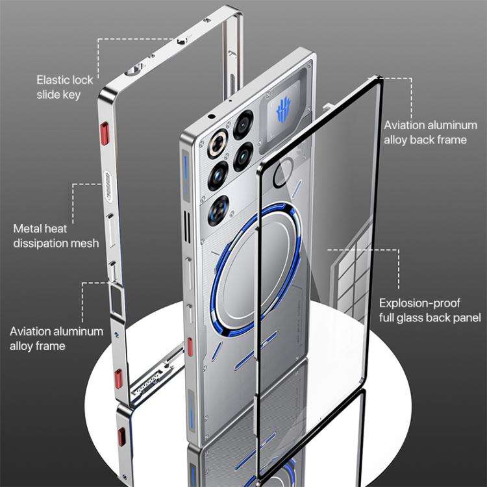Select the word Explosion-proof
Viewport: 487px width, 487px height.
tap(419, 303)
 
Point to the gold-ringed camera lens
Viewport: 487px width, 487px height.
tap(218, 144)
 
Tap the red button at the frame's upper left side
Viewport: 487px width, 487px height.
tap(105, 134)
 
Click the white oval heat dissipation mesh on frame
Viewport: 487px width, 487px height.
tap(107, 186)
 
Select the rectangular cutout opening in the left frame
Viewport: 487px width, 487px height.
tap(117, 301)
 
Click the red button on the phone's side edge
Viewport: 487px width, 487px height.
tap(190, 347)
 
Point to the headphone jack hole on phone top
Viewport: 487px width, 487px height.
tap(212, 117)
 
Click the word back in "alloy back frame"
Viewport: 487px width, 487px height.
tap(423, 140)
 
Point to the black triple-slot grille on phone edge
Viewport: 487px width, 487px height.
tap(187, 227)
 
